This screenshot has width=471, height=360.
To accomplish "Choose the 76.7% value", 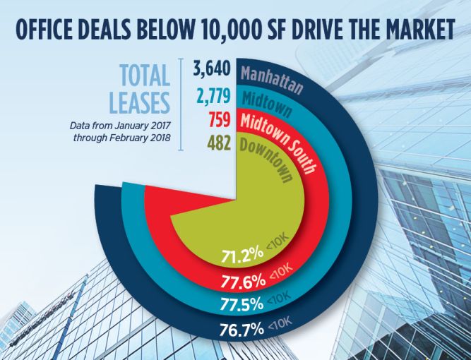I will (x=241, y=328).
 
